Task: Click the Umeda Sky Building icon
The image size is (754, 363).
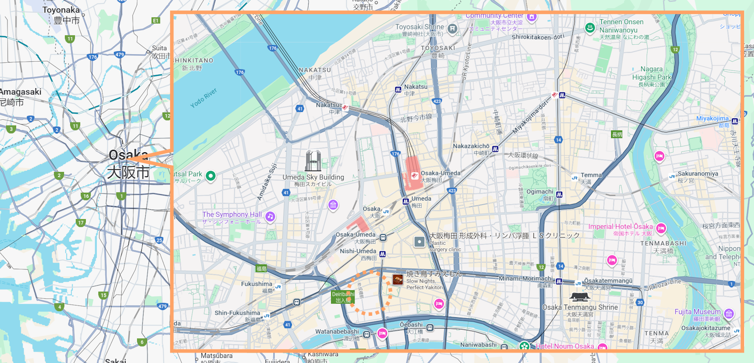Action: (313, 161)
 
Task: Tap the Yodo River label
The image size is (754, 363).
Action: (204, 98)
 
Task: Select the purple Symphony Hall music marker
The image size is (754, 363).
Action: (270, 216)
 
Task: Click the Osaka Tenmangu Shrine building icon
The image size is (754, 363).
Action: (579, 297)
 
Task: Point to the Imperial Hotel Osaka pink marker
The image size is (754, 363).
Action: (661, 229)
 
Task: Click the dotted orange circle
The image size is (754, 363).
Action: (370, 293)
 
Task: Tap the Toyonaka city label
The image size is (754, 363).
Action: (61, 10)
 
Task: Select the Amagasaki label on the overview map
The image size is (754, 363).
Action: (21, 92)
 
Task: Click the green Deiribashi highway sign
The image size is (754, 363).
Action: (342, 297)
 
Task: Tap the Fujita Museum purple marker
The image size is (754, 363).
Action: (729, 313)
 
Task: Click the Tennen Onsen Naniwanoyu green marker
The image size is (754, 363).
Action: (590, 28)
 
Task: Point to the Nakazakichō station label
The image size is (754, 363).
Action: (471, 146)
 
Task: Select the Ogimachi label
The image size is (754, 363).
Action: (540, 192)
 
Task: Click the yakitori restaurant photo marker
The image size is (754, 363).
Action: (398, 280)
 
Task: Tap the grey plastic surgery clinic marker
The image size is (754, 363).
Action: (419, 242)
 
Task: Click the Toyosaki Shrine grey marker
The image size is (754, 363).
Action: (452, 29)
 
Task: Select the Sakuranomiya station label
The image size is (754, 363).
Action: (697, 173)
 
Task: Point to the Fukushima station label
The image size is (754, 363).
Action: (256, 284)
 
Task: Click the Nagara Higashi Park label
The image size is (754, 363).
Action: (651, 73)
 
